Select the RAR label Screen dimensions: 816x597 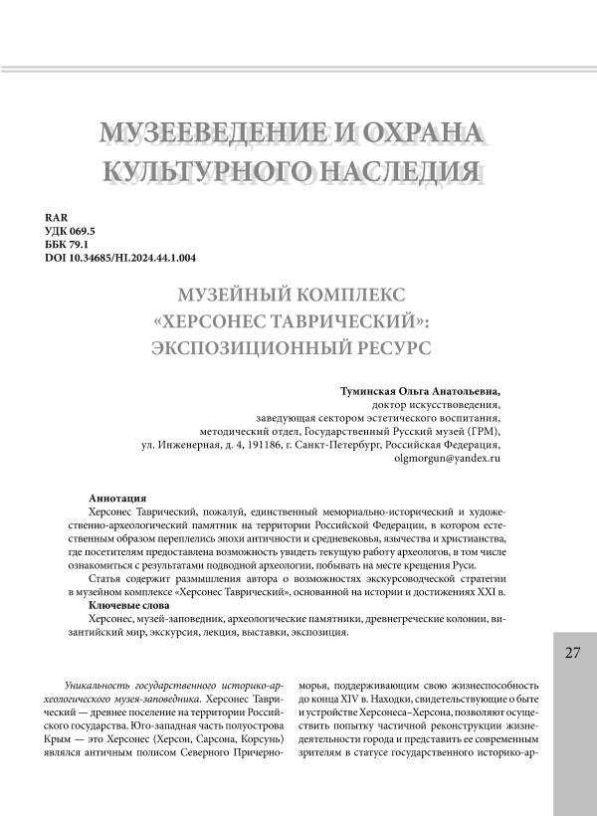[57, 218]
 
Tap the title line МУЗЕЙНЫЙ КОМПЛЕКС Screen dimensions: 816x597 [298, 298]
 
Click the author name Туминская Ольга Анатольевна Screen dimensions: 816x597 [413, 392]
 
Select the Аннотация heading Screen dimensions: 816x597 [118, 497]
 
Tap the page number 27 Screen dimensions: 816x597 [571, 652]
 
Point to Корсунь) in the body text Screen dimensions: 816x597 [262, 741]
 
